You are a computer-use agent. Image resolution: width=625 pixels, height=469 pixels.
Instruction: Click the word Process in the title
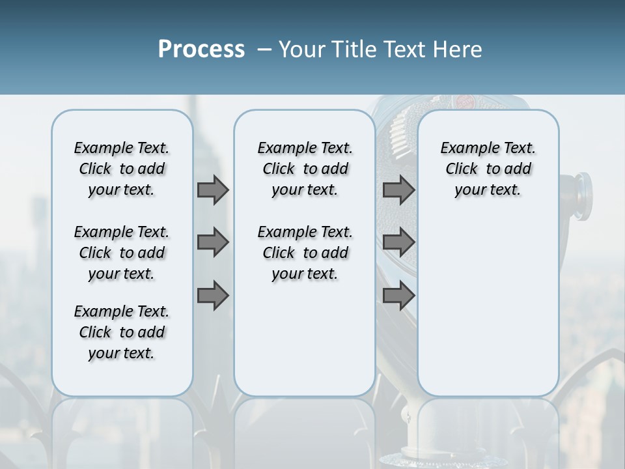[x=201, y=50]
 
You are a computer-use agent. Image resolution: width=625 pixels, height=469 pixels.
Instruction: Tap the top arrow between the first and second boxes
[x=213, y=190]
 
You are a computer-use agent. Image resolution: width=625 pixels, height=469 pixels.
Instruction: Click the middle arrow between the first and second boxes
[x=213, y=243]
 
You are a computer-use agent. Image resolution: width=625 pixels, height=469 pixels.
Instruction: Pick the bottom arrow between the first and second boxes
[x=213, y=296]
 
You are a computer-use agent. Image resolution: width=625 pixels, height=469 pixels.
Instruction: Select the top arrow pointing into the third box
[x=398, y=190]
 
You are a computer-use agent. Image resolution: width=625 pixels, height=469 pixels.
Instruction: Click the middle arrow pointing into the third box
[x=398, y=243]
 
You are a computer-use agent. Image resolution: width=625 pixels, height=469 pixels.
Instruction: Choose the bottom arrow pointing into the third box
[x=398, y=296]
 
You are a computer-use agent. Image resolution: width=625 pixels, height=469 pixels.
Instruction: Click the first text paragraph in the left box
[x=122, y=169]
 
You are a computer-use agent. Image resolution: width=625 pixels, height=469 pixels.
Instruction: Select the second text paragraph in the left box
[x=122, y=253]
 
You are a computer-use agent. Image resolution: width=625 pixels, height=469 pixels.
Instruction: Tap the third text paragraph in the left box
[x=122, y=332]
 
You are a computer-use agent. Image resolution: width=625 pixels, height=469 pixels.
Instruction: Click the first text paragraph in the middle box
[x=305, y=169]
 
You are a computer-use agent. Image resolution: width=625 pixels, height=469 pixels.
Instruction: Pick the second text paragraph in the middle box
[x=305, y=253]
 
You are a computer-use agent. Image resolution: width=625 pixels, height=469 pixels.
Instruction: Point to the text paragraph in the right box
[x=488, y=169]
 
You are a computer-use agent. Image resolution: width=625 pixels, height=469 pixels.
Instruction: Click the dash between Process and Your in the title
[x=264, y=50]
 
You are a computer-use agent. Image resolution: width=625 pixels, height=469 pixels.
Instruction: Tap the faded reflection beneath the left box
[x=122, y=430]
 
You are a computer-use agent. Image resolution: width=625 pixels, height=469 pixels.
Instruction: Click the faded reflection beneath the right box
[x=488, y=430]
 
